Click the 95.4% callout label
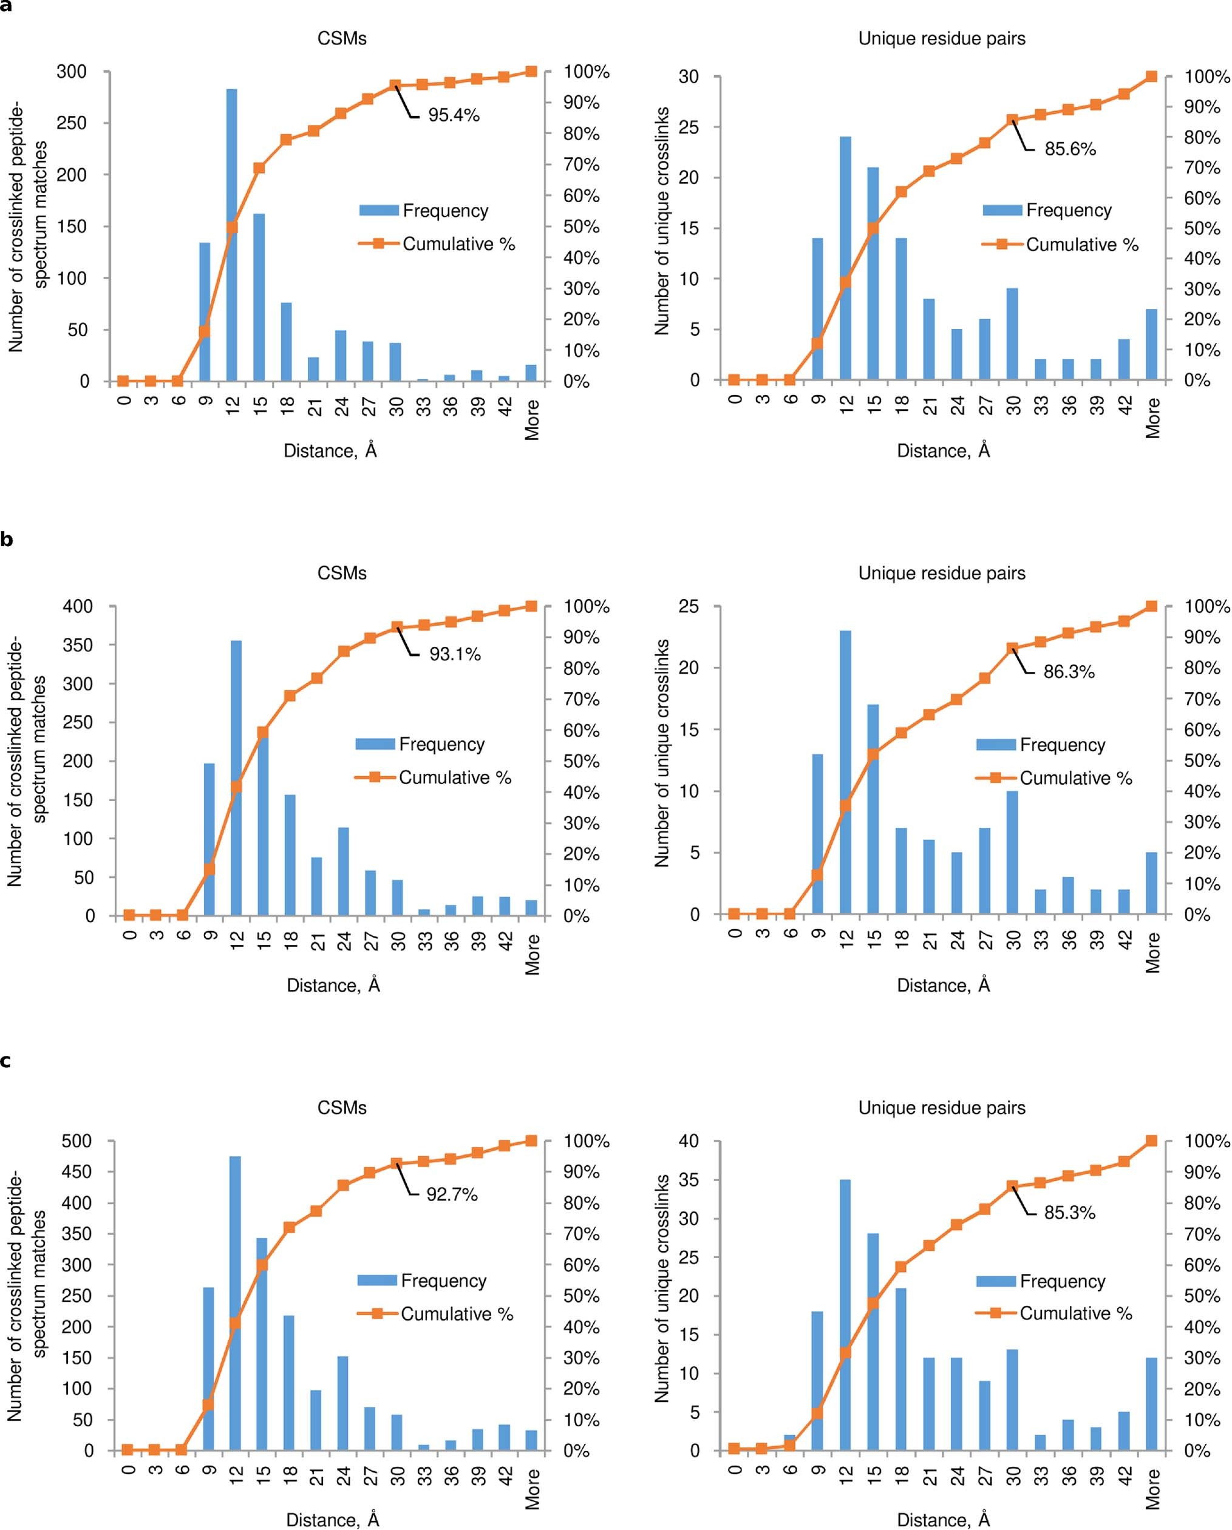click(453, 115)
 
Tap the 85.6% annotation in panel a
click(1069, 149)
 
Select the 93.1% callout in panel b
click(454, 654)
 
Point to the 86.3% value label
click(1069, 671)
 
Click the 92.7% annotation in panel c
click(452, 1194)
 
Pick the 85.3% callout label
click(1069, 1213)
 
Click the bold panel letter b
click(7, 540)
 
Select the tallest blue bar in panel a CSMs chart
click(232, 234)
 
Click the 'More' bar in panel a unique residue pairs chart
click(1152, 345)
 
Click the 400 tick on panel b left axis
click(78, 607)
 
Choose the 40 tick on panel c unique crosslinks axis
click(688, 1141)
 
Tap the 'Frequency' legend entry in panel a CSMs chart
click(445, 211)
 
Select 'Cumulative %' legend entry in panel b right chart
click(1075, 779)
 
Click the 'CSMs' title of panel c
click(342, 1107)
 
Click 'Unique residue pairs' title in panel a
click(942, 38)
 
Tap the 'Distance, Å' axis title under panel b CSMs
click(333, 985)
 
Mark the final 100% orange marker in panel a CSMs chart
click(531, 72)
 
